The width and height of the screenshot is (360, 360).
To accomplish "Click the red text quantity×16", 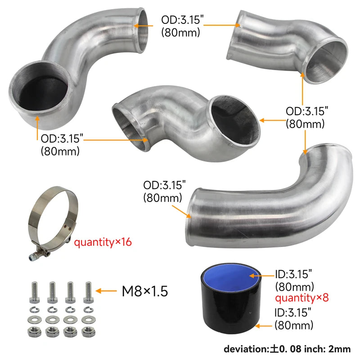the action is click(x=103, y=243).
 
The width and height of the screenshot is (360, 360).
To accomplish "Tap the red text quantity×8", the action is click(x=302, y=298).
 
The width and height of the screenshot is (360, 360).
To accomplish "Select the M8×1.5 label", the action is click(x=145, y=291).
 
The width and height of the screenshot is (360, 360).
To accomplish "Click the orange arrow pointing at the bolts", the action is click(x=106, y=291).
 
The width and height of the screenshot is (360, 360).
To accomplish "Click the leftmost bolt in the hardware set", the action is click(x=35, y=292).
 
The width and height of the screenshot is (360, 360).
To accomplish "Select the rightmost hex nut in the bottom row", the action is click(x=88, y=332).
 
